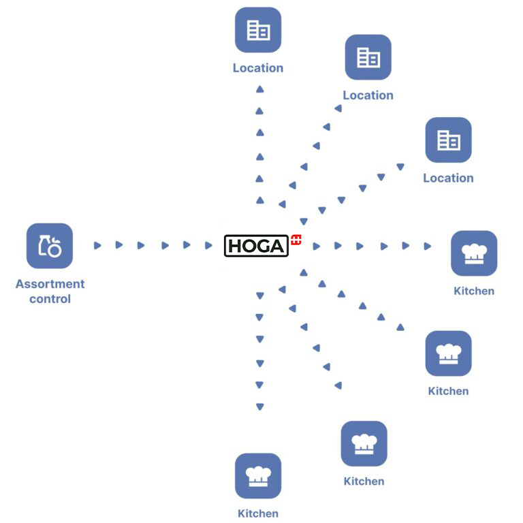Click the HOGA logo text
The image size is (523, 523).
coord(256,246)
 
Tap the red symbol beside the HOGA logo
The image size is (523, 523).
coord(296,239)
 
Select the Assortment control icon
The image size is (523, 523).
coord(50,246)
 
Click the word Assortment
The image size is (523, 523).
coord(50,284)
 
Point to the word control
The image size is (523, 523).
coord(50,299)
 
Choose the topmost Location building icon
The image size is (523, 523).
coord(258,30)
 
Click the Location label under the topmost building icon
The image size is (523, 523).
coord(258,68)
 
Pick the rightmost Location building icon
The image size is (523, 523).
coord(448,140)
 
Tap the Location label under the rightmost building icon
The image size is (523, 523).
coord(448,178)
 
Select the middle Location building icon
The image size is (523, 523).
coord(368,57)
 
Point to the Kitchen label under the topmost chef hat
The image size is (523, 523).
coord(474,291)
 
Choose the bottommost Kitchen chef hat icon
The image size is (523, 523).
coord(258,475)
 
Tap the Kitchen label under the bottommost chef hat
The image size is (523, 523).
coord(258,513)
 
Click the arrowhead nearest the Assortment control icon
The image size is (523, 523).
coord(97,245)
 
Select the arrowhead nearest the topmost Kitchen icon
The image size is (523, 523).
coord(428,246)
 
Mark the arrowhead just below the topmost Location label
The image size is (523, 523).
coord(259,89)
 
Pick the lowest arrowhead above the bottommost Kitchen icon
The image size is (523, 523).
coord(259,407)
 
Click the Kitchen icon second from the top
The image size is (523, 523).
coord(448,353)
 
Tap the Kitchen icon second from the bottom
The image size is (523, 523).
coord(364,443)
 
